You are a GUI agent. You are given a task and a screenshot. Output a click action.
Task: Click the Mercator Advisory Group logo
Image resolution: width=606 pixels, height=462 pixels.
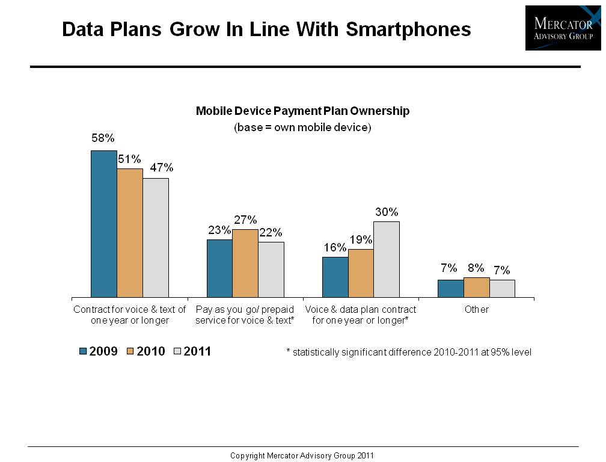[563, 28]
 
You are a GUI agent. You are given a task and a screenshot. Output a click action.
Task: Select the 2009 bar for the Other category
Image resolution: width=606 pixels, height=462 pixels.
[450, 289]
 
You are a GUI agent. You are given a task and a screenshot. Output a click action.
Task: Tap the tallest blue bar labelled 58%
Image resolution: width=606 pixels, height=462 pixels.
[103, 224]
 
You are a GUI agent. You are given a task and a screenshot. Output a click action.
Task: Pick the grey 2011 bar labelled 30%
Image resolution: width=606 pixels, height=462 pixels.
[386, 259]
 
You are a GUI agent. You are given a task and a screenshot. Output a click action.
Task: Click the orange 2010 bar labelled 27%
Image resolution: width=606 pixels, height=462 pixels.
[245, 263]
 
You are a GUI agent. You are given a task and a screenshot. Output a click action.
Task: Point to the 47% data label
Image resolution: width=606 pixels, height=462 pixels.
[161, 168]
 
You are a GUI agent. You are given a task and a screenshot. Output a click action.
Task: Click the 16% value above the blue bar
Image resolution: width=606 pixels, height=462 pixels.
[335, 247]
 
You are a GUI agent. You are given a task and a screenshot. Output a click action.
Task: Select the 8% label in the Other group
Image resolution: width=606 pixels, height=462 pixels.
[476, 268]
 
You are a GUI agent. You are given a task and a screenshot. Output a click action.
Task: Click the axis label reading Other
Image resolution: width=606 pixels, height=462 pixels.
[476, 310]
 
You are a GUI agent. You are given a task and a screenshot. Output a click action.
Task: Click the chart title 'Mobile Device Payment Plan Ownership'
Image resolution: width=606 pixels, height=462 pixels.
[302, 111]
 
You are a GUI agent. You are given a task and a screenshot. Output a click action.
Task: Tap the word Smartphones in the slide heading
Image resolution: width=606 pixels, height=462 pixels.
[408, 29]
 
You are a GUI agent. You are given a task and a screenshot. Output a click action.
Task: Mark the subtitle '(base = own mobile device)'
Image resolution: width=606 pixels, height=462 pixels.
[302, 128]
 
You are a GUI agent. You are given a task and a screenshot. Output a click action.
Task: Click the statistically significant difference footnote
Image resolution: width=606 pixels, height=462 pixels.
[409, 353]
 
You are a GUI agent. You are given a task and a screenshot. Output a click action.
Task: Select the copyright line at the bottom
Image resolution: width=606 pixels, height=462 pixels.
[302, 455]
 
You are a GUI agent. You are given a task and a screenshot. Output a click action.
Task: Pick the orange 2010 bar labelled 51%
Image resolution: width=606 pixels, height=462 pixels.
[129, 233]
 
